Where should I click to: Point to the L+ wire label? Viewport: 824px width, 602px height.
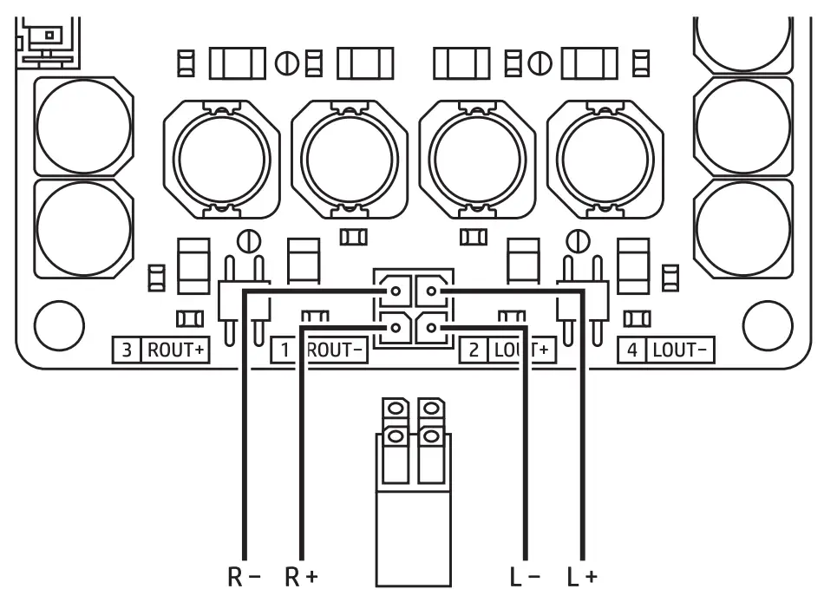(x=581, y=577)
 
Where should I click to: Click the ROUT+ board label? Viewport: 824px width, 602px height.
(x=175, y=350)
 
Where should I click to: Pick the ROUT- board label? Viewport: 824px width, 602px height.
(x=337, y=350)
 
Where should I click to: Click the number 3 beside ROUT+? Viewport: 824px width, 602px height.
(x=128, y=350)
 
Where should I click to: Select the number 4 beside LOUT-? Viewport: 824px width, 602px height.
(x=632, y=350)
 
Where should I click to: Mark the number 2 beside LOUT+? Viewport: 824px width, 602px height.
(x=474, y=350)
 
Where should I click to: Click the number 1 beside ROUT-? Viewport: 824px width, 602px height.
(x=284, y=350)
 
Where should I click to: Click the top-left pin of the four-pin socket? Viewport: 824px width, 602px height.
(x=395, y=291)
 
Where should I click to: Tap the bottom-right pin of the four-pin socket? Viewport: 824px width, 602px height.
(x=431, y=328)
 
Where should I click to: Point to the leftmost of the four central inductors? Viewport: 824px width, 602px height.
(x=221, y=160)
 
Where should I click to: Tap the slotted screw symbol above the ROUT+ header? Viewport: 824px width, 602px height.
(x=247, y=238)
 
